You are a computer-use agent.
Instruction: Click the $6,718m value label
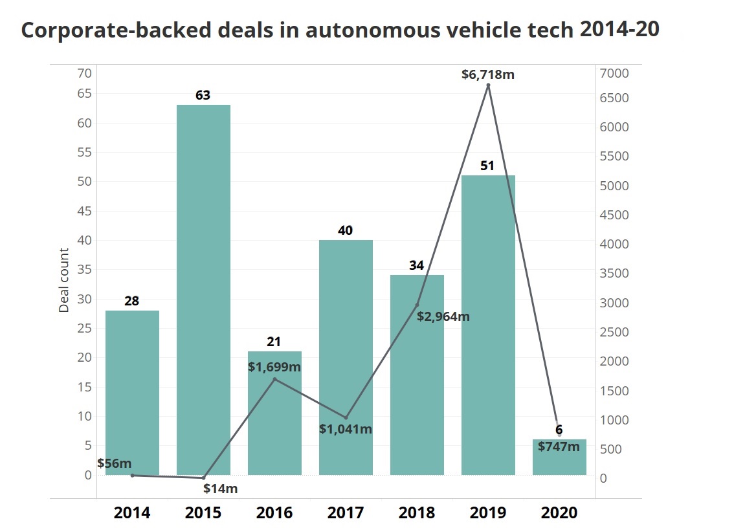point(488,74)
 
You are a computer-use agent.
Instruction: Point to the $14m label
point(221,489)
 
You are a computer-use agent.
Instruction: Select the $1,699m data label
point(274,367)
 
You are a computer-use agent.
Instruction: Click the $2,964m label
point(443,316)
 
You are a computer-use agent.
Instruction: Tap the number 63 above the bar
point(203,95)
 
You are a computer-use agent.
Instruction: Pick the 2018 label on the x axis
point(417,513)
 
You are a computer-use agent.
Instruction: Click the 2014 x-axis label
point(132,513)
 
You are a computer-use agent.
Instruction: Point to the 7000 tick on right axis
point(613,73)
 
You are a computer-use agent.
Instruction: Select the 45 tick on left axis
point(84,211)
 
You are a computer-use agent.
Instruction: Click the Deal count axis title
point(64,280)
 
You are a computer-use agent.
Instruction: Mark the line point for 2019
point(488,85)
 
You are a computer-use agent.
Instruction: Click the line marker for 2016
point(274,379)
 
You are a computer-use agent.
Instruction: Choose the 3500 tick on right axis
point(613,274)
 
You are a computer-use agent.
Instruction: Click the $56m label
point(115,463)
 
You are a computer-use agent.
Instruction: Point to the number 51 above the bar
point(487,166)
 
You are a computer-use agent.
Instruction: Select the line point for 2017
point(346,417)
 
